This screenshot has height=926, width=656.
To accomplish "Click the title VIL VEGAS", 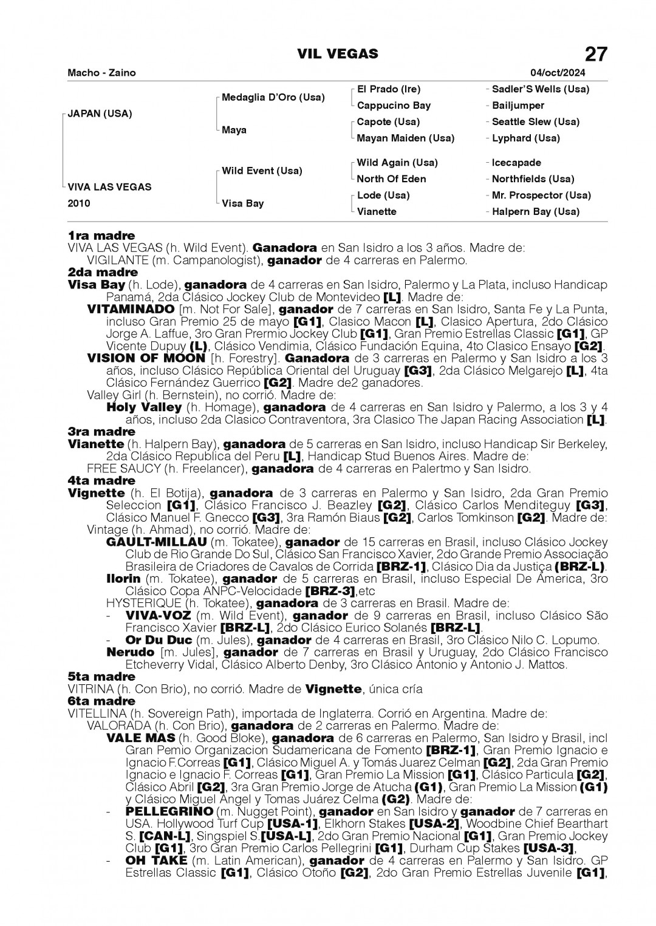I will (x=337, y=55).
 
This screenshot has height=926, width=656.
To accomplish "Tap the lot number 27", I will (x=595, y=55).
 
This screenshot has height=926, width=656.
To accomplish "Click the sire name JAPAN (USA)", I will (x=100, y=114).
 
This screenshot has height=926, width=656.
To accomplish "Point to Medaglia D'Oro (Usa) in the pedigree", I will (x=273, y=97).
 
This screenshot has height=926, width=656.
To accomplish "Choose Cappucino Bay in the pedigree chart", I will (x=394, y=106).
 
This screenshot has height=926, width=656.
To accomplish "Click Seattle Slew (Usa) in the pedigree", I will (x=535, y=122).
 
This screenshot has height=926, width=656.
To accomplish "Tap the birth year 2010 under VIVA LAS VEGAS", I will (x=79, y=203).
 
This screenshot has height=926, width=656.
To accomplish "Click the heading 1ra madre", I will (x=101, y=236).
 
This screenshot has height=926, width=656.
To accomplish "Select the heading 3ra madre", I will (x=101, y=432).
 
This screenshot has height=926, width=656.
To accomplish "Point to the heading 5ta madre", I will (x=101, y=676).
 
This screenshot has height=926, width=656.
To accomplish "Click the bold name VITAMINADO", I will (x=131, y=309).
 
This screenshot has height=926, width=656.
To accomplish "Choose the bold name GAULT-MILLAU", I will (x=155, y=542).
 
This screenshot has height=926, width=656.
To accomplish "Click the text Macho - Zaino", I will (x=102, y=73).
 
